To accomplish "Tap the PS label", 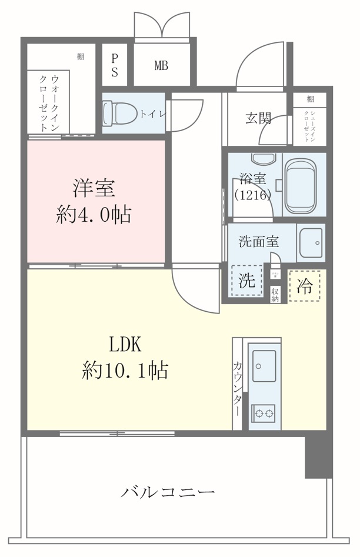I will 115,66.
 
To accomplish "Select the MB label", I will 161,66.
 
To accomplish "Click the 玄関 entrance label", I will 257,118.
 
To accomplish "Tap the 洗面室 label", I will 258,241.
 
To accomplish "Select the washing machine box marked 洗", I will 247,281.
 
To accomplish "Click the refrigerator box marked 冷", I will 304,286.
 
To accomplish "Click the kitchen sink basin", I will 264,366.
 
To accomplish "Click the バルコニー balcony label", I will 168,492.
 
